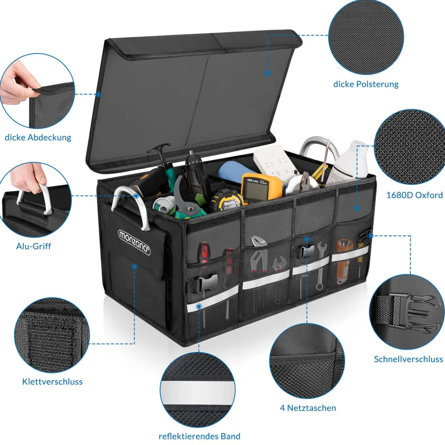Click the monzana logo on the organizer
[x=134, y=242]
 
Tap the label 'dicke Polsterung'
[x=366, y=84]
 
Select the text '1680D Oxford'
[x=414, y=195]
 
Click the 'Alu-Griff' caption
[x=33, y=246]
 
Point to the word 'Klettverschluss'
[x=52, y=382]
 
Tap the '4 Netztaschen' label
[x=308, y=408]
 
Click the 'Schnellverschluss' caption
[x=408, y=359]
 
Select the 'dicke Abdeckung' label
[x=38, y=138]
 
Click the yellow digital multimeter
[x=261, y=187]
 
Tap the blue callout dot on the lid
[x=267, y=73]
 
